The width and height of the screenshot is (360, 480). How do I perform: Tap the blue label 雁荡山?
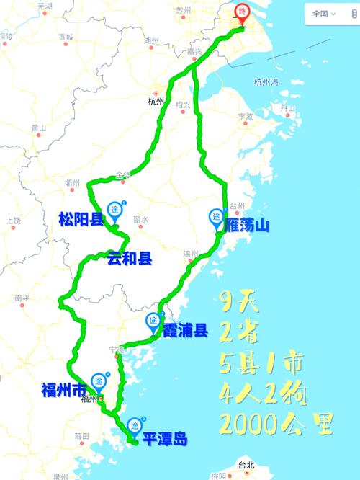tap(247, 226)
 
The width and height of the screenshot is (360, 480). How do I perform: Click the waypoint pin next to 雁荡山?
tap(216, 217)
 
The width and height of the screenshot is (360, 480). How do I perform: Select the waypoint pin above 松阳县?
tap(115, 210)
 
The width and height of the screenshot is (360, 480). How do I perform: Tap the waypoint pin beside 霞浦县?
tap(154, 321)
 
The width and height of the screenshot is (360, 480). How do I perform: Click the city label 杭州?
tap(156, 102)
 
